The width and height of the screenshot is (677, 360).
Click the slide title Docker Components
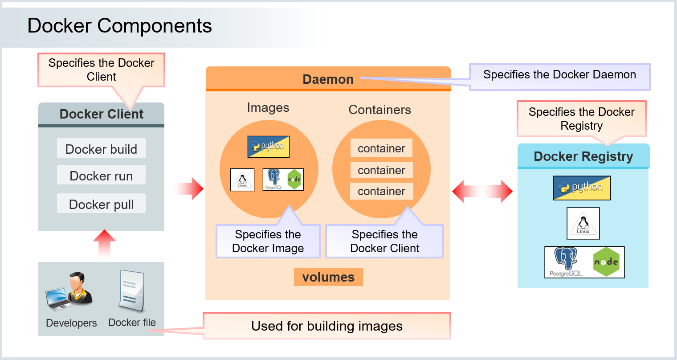(119, 26)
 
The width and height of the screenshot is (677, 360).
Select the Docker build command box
(101, 149)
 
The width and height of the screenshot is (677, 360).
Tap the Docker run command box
(101, 176)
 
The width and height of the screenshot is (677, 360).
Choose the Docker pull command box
(101, 204)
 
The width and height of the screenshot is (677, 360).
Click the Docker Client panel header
(101, 114)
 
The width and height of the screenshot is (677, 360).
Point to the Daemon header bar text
(328, 79)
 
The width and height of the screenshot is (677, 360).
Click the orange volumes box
(328, 277)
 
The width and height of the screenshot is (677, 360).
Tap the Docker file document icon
(131, 291)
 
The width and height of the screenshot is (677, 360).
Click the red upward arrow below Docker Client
(104, 243)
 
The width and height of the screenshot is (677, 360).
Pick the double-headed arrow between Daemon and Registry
(482, 191)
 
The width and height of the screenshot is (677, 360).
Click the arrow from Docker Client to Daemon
(189, 188)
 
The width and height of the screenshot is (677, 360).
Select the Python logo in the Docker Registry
(582, 188)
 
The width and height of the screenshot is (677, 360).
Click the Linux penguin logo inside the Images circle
(242, 180)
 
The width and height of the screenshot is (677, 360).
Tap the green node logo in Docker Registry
(606, 262)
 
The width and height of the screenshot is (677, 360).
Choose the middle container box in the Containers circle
(381, 170)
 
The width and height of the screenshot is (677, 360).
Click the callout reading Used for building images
(327, 326)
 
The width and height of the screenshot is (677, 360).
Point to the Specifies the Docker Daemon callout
(559, 75)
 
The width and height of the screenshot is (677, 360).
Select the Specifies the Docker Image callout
(268, 241)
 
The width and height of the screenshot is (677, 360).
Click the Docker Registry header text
(583, 156)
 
